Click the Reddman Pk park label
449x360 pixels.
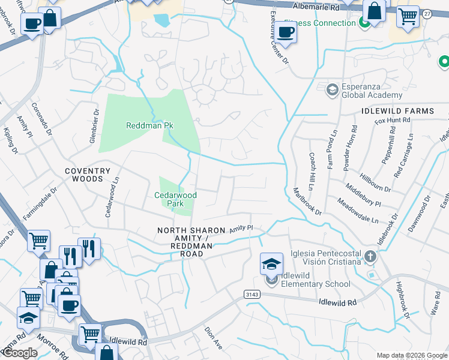[x=149, y=125]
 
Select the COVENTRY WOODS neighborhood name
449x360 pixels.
[x=88, y=175]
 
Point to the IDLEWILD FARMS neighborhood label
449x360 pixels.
[x=397, y=112]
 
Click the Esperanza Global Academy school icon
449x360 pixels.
[x=332, y=90]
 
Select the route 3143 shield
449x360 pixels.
[x=252, y=293]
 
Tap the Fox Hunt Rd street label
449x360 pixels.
[x=392, y=121]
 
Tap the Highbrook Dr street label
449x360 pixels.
[x=402, y=298]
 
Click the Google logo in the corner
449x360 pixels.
[x=20, y=353]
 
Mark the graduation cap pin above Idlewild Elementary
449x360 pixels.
[x=271, y=263]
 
